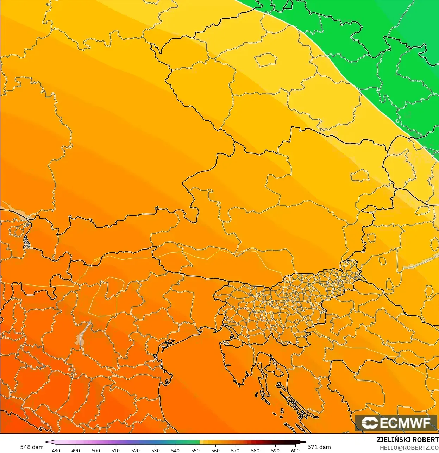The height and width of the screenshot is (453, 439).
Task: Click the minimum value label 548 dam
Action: tap(32, 447)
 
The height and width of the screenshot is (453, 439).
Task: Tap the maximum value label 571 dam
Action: tap(319, 447)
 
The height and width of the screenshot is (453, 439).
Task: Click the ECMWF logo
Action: tap(396, 423)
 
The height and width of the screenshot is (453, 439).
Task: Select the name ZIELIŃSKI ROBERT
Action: tap(407, 440)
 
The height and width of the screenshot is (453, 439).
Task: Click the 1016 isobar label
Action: tap(96, 260)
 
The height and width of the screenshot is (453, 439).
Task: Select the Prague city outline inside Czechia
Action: tap(266, 60)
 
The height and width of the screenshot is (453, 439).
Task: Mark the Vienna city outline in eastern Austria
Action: tap(360, 175)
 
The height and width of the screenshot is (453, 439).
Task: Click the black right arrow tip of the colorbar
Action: tap(305, 442)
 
